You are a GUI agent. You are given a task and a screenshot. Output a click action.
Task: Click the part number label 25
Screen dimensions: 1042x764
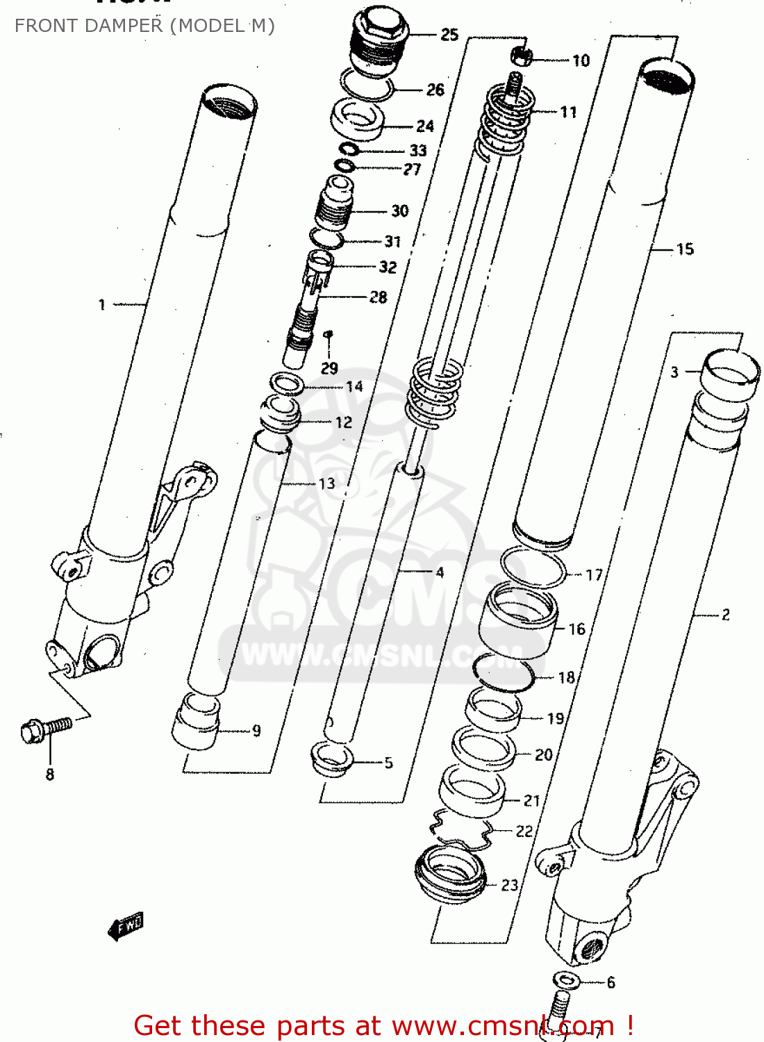click(449, 35)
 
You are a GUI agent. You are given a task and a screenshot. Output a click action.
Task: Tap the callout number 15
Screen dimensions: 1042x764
click(685, 249)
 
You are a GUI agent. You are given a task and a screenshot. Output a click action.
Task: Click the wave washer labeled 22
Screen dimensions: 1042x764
click(461, 827)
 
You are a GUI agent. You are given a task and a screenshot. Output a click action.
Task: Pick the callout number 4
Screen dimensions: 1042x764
click(439, 572)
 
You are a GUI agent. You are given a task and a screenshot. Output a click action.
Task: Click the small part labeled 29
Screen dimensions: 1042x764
click(329, 336)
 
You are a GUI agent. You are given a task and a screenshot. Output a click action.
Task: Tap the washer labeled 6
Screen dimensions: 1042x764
click(567, 980)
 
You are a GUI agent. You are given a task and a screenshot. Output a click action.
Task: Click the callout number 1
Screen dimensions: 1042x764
click(102, 304)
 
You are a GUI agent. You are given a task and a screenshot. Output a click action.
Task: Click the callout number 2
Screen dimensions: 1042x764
click(726, 614)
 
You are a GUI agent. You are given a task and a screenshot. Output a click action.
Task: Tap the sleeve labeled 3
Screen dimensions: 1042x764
click(729, 375)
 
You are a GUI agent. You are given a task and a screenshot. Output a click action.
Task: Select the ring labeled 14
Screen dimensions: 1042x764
click(286, 383)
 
